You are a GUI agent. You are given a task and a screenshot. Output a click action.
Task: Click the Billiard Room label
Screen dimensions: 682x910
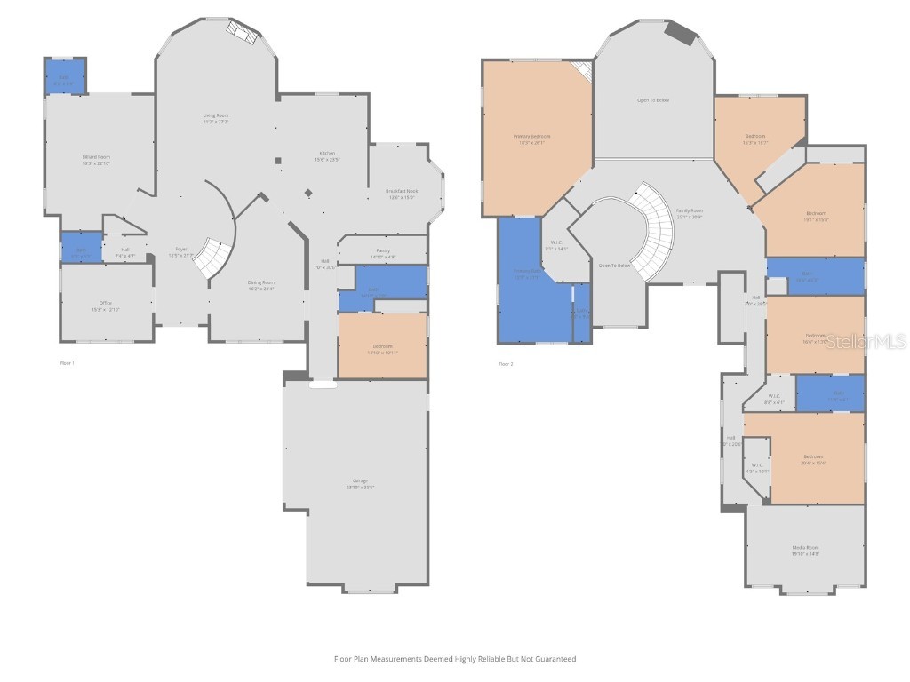(x=96, y=157)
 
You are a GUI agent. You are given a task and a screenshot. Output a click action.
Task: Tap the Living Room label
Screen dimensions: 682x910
(x=216, y=116)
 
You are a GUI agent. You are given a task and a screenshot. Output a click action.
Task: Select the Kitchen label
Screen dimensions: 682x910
(x=328, y=154)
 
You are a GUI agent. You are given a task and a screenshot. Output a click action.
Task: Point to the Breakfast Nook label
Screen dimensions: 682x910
(x=402, y=192)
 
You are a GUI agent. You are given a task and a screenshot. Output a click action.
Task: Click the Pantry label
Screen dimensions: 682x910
(x=383, y=251)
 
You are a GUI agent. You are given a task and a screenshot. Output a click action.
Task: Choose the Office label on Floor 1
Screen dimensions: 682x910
(x=105, y=306)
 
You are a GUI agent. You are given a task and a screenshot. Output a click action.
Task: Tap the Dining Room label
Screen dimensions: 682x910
(x=260, y=283)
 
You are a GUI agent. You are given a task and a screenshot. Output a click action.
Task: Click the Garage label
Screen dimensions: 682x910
(x=359, y=481)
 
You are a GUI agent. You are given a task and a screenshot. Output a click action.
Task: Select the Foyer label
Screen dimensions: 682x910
(x=180, y=250)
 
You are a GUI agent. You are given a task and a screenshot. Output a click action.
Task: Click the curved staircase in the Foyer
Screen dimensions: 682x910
(x=213, y=256)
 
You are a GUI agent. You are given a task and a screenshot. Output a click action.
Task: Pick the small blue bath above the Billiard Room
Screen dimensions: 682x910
(x=65, y=77)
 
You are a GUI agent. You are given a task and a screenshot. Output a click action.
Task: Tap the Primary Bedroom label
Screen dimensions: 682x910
(x=532, y=137)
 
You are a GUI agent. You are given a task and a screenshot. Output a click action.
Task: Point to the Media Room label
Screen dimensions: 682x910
(x=805, y=548)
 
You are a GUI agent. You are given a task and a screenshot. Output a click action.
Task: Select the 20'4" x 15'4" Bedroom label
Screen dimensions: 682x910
(x=811, y=457)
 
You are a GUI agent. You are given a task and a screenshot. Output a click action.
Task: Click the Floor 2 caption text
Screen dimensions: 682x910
(x=505, y=363)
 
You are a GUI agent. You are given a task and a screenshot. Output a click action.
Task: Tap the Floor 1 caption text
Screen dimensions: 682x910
(x=67, y=363)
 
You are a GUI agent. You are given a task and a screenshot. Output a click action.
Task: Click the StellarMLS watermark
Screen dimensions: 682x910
(x=866, y=341)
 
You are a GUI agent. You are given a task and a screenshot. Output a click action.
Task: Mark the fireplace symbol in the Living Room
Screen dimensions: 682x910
(x=243, y=32)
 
